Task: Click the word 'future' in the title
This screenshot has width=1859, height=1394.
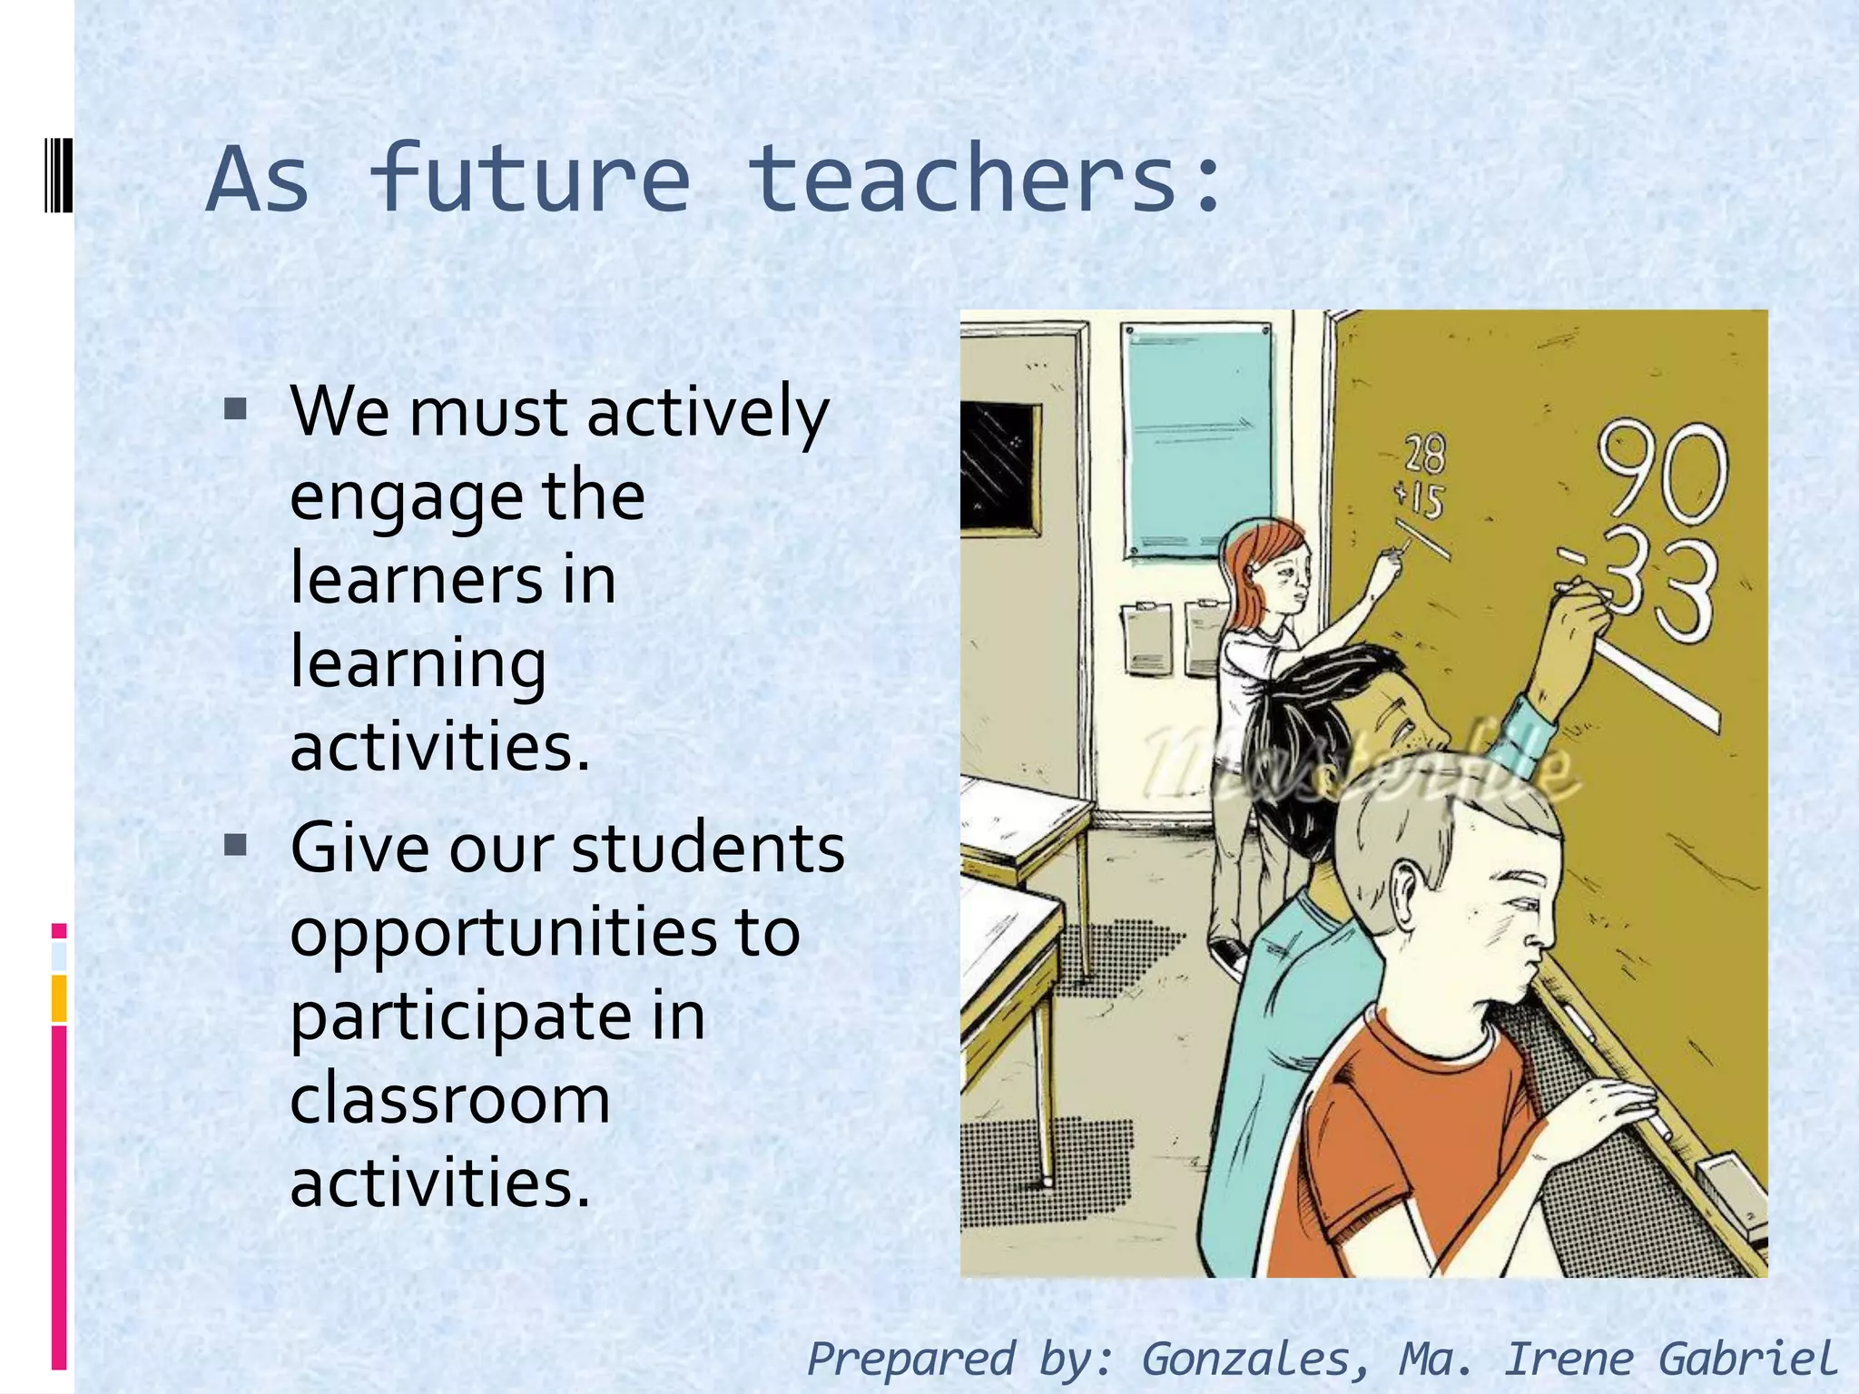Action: pyautogui.click(x=530, y=180)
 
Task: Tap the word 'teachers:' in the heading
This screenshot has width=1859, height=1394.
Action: pyautogui.click(x=986, y=180)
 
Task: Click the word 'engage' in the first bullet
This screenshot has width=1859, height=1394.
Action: pyautogui.click(x=406, y=497)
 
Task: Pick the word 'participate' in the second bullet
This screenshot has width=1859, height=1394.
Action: pyautogui.click(x=458, y=1016)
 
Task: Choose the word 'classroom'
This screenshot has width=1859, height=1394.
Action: pyautogui.click(x=449, y=1099)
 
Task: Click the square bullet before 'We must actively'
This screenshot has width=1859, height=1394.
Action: pyautogui.click(x=235, y=410)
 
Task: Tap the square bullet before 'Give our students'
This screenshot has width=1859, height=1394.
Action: pyautogui.click(x=235, y=846)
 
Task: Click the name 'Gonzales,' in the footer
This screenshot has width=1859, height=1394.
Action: pyautogui.click(x=1256, y=1359)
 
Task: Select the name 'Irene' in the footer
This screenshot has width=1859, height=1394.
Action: pyautogui.click(x=1569, y=1359)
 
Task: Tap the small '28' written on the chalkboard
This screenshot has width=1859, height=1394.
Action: pyautogui.click(x=1425, y=454)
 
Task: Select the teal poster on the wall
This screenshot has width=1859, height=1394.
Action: pyautogui.click(x=1196, y=440)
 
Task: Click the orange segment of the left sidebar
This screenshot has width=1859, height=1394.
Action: pyautogui.click(x=59, y=998)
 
